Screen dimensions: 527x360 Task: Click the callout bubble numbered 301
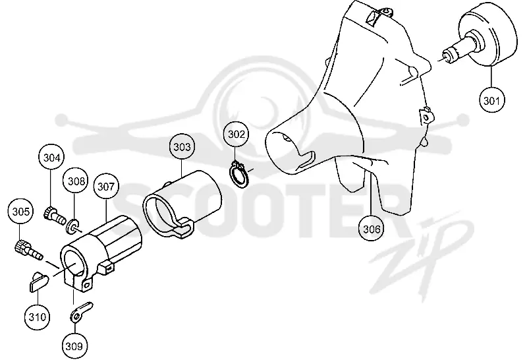(491, 100)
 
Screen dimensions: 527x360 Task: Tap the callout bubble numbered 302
(236, 135)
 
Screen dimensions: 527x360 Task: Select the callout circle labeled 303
(182, 146)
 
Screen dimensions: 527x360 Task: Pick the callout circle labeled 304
(51, 158)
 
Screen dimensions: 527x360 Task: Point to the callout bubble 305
(20, 211)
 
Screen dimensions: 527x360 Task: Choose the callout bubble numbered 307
(106, 186)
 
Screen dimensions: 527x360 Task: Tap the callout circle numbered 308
(76, 181)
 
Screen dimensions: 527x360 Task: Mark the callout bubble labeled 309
(74, 346)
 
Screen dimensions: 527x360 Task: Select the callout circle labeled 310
(38, 316)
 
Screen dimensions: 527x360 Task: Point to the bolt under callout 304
(55, 216)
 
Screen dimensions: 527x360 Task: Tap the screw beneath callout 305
(28, 250)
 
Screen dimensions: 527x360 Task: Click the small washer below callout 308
(73, 225)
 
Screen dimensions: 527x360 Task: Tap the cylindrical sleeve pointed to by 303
(182, 204)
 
